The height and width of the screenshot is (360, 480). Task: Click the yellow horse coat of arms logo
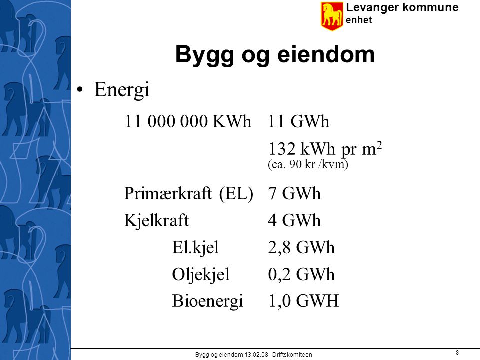coord(332,16)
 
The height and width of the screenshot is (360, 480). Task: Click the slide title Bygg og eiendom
coord(275,55)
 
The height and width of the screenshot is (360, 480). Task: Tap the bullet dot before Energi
coord(80,89)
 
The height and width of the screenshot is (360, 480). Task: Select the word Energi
coord(122,90)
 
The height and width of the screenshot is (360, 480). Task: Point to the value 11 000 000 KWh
coord(188,121)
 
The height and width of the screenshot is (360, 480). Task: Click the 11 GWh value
coord(298,121)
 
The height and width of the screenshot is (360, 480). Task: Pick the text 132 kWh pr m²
coord(325,149)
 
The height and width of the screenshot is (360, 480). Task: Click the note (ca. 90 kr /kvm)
coord(308,164)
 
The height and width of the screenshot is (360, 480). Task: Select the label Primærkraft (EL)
coord(188,194)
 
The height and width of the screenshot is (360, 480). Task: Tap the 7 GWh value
coord(294,194)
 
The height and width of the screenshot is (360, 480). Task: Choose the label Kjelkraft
coord(156,220)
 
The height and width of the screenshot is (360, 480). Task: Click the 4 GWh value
coord(294,220)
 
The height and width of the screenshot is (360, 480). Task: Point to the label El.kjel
coord(195,248)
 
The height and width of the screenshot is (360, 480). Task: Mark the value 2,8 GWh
coord(301,248)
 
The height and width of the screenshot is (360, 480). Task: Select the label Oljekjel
coord(201,275)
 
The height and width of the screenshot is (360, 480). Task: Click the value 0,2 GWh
coord(301,274)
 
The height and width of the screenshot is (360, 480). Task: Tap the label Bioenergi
coord(208,301)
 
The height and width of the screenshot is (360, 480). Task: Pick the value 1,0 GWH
coord(303,301)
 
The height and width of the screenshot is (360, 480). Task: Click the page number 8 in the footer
coord(457,353)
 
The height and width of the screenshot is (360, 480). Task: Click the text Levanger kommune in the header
coord(402,7)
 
